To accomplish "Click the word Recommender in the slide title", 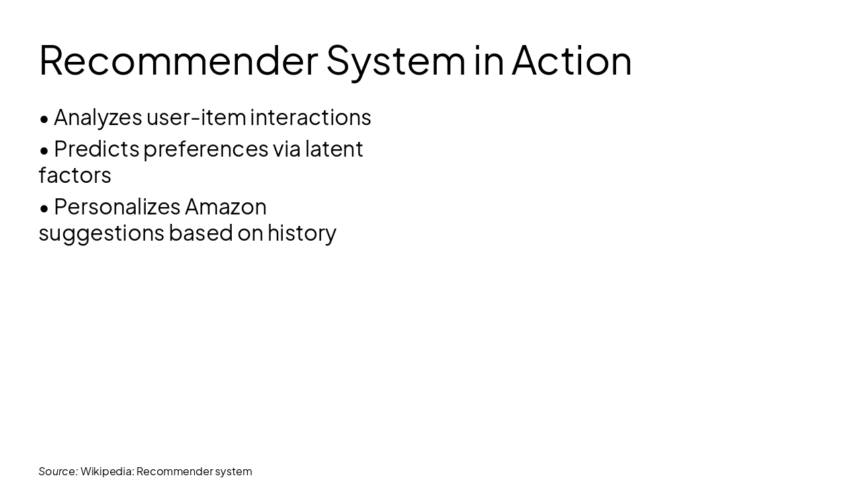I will [178, 60].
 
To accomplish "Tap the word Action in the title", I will [572, 60].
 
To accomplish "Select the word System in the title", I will [396, 60].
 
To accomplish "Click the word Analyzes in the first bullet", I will [97, 117].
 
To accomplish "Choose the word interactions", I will [310, 117].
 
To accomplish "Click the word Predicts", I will [96, 149].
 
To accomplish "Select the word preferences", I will [206, 149].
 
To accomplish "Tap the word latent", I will [334, 149].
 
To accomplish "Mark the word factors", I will [75, 175].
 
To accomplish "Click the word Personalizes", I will [117, 206].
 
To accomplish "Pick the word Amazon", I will [226, 206].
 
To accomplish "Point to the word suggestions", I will [101, 233].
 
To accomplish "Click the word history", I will [302, 233].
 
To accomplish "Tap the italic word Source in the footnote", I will [58, 471].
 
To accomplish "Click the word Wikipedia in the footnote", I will [106, 471].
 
